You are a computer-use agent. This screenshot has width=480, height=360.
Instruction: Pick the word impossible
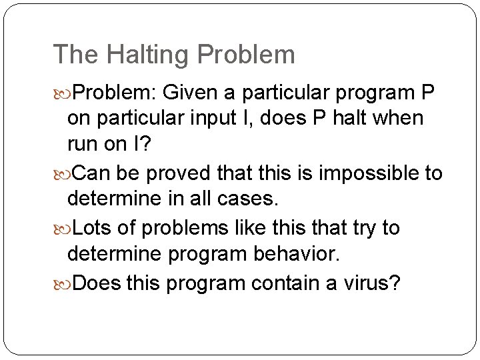tap(365, 173)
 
